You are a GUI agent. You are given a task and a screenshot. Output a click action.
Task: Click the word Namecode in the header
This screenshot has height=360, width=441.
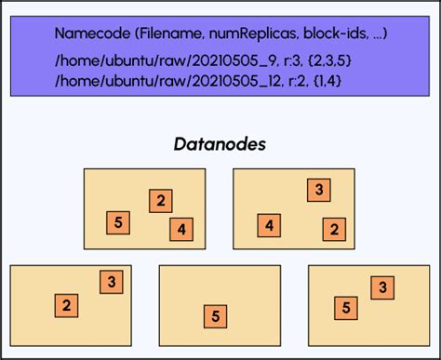[x=91, y=34]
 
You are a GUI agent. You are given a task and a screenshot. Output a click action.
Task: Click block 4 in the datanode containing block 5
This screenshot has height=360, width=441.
[x=182, y=229]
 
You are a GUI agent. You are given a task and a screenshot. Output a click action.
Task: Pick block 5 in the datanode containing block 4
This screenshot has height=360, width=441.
[x=118, y=222]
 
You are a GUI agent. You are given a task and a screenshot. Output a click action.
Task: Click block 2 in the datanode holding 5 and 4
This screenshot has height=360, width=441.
[x=161, y=200]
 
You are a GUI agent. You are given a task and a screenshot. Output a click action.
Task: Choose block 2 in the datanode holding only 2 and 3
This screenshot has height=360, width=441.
[x=66, y=305]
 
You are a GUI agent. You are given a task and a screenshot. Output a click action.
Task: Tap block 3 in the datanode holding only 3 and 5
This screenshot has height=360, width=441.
[x=381, y=288]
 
